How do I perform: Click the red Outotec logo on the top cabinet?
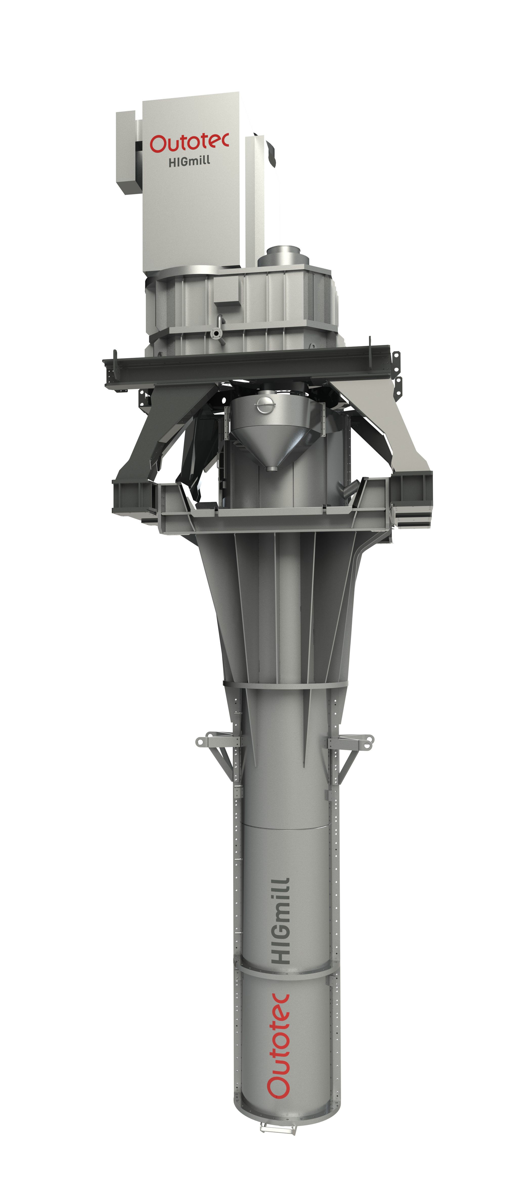[x=189, y=143]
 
